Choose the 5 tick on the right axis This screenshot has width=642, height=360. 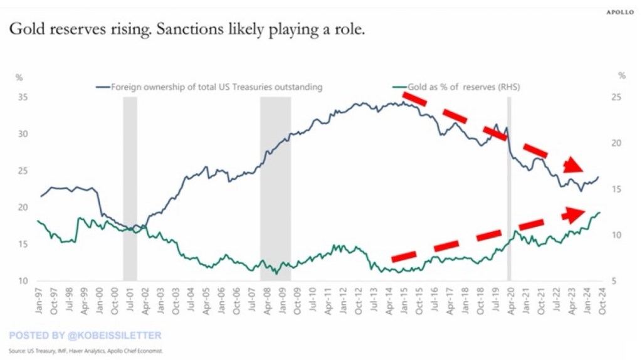618,281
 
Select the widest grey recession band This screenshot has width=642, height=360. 275,188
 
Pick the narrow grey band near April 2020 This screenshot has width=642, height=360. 509,188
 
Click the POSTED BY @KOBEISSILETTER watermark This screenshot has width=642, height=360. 85,336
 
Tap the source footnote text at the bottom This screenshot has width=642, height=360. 85,351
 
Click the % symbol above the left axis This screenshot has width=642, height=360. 19,77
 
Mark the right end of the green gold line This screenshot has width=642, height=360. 600,213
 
